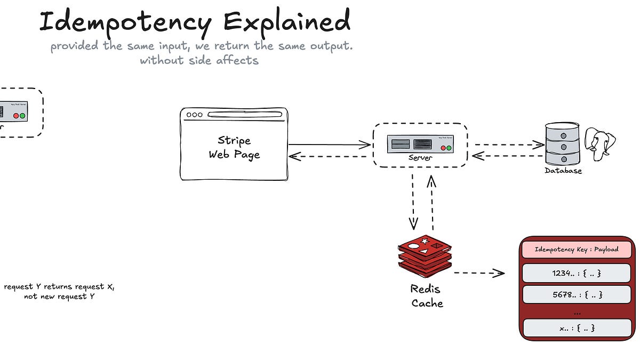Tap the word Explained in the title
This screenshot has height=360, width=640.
point(287,22)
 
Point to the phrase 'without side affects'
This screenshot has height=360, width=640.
point(199,60)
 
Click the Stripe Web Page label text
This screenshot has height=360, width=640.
point(234,148)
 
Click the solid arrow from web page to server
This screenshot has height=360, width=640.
point(329,145)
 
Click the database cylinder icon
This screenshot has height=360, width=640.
point(562,144)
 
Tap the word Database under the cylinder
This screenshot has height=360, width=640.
point(563,171)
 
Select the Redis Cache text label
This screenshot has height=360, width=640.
point(427,296)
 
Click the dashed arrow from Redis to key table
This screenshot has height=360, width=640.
point(479,273)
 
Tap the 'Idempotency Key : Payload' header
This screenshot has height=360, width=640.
point(576,250)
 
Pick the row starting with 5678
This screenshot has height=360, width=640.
point(576,294)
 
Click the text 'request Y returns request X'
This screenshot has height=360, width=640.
point(59,287)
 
